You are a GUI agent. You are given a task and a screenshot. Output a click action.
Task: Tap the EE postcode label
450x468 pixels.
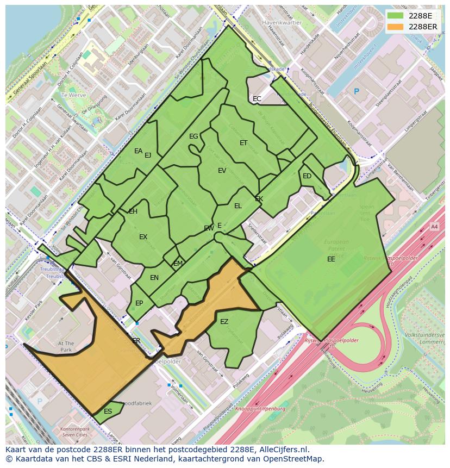click(x=331, y=259)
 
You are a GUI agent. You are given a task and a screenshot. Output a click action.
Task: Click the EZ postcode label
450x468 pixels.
click(x=224, y=322)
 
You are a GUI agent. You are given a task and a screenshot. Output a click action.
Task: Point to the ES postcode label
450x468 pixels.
click(x=108, y=411)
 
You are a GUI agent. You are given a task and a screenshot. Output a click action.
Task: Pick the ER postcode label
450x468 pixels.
click(x=136, y=341)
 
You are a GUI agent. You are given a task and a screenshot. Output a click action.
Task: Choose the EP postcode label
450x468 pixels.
click(x=139, y=303)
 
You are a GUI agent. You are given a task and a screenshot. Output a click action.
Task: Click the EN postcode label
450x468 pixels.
click(x=154, y=278)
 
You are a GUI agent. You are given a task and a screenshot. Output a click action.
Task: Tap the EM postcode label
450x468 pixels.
click(x=178, y=264)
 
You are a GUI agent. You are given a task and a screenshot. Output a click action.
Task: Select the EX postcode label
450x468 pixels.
click(x=143, y=237)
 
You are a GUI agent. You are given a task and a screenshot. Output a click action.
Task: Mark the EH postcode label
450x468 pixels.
click(x=133, y=211)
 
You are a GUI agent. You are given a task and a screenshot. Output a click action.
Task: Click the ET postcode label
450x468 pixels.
click(x=243, y=143)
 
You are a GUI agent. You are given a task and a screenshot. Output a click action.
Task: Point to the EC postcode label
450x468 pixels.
click(x=257, y=99)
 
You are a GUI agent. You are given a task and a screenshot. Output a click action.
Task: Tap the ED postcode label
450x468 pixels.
click(x=307, y=176)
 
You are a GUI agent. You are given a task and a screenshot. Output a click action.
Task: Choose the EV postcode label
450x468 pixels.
click(x=222, y=171)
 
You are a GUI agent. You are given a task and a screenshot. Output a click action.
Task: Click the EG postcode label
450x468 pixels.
click(x=193, y=136)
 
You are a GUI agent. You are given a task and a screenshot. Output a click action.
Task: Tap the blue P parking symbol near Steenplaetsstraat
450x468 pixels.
click(x=356, y=92)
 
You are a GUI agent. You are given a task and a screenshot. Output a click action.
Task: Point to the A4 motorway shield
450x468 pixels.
click(x=434, y=226)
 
